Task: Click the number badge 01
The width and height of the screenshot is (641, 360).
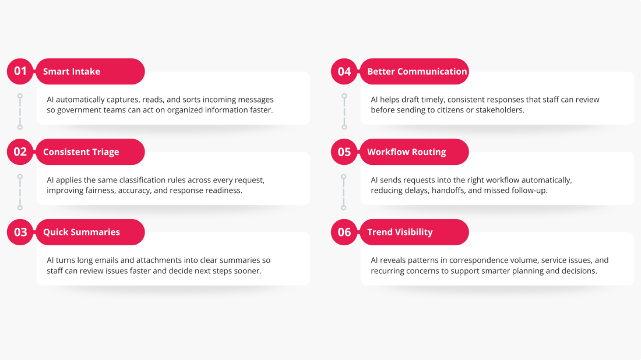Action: [x=20, y=72]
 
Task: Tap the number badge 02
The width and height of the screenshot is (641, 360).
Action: [x=20, y=152]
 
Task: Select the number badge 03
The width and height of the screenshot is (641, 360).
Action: [x=20, y=232]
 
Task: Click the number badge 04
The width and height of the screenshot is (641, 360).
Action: [x=344, y=72]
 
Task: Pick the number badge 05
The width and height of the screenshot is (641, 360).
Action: [x=344, y=152]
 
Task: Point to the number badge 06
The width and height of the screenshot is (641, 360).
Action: [x=344, y=232]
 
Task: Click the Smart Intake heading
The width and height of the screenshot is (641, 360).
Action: [x=72, y=72]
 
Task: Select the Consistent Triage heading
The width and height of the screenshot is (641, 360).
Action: [x=81, y=152]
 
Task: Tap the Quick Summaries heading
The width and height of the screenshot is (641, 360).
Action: [x=82, y=232]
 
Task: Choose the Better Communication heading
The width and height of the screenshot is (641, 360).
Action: [x=417, y=72]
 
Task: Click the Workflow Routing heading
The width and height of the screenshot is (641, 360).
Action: [x=406, y=152]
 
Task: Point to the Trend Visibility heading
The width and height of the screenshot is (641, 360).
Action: [x=400, y=232]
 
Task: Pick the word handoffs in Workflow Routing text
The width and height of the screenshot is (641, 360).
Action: [x=450, y=190]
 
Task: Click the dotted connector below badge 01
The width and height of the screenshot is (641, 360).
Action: [x=20, y=111]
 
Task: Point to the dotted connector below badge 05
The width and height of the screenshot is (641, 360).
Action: [x=344, y=191]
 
